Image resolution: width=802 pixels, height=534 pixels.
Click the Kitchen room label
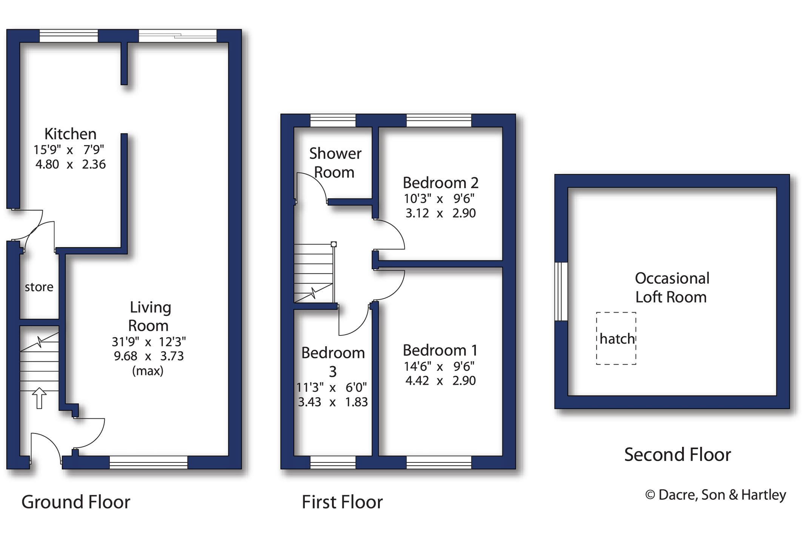click(x=70, y=134)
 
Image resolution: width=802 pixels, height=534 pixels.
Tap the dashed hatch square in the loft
click(x=616, y=338)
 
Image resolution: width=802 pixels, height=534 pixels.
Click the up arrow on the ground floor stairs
click(x=39, y=398)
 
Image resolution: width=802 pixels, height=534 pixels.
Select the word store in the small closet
click(x=39, y=287)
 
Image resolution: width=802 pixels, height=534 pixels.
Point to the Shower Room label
click(x=335, y=162)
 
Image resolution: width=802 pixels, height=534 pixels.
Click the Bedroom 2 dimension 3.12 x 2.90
click(x=440, y=213)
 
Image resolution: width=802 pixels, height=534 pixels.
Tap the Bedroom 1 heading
click(x=440, y=350)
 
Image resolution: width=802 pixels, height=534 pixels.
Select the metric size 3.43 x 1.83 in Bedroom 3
click(x=332, y=402)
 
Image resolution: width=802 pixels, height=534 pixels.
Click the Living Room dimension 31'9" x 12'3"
click(x=149, y=342)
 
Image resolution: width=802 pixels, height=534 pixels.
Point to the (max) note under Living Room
click(x=147, y=371)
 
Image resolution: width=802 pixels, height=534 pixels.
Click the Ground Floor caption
click(x=75, y=502)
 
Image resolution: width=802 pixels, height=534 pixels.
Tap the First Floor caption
click(x=342, y=502)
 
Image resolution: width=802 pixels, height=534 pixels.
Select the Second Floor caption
click(x=677, y=454)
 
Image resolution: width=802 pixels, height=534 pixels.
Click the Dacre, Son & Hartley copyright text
click(x=715, y=495)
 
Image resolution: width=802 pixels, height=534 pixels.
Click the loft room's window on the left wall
click(x=561, y=291)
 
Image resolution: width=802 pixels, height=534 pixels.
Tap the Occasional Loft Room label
click(x=671, y=288)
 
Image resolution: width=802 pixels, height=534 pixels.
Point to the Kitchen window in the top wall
click(x=69, y=36)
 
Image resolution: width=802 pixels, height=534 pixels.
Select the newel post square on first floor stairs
click(x=333, y=244)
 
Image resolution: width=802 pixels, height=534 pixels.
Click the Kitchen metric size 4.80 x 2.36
click(x=70, y=164)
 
